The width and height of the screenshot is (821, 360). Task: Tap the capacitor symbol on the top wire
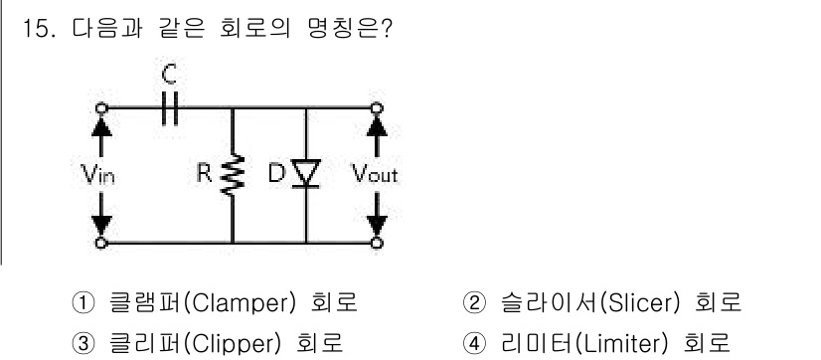[x=169, y=110]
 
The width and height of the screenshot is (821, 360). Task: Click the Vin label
[x=98, y=177]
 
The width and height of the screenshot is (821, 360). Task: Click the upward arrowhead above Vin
[x=98, y=129]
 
